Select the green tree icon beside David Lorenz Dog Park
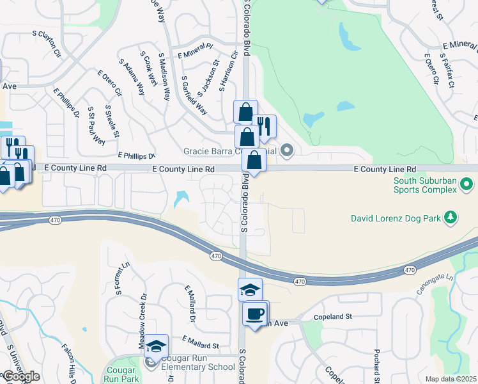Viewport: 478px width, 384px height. pos(451,218)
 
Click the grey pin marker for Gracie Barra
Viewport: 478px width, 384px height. pos(287,152)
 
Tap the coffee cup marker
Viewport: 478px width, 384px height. pos(255,314)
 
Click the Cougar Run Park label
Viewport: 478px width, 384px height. pos(120,374)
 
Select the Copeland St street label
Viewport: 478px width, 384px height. pos(333,317)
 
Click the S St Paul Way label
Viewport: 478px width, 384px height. pos(96,125)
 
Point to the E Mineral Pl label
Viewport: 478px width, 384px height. pos(196,51)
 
